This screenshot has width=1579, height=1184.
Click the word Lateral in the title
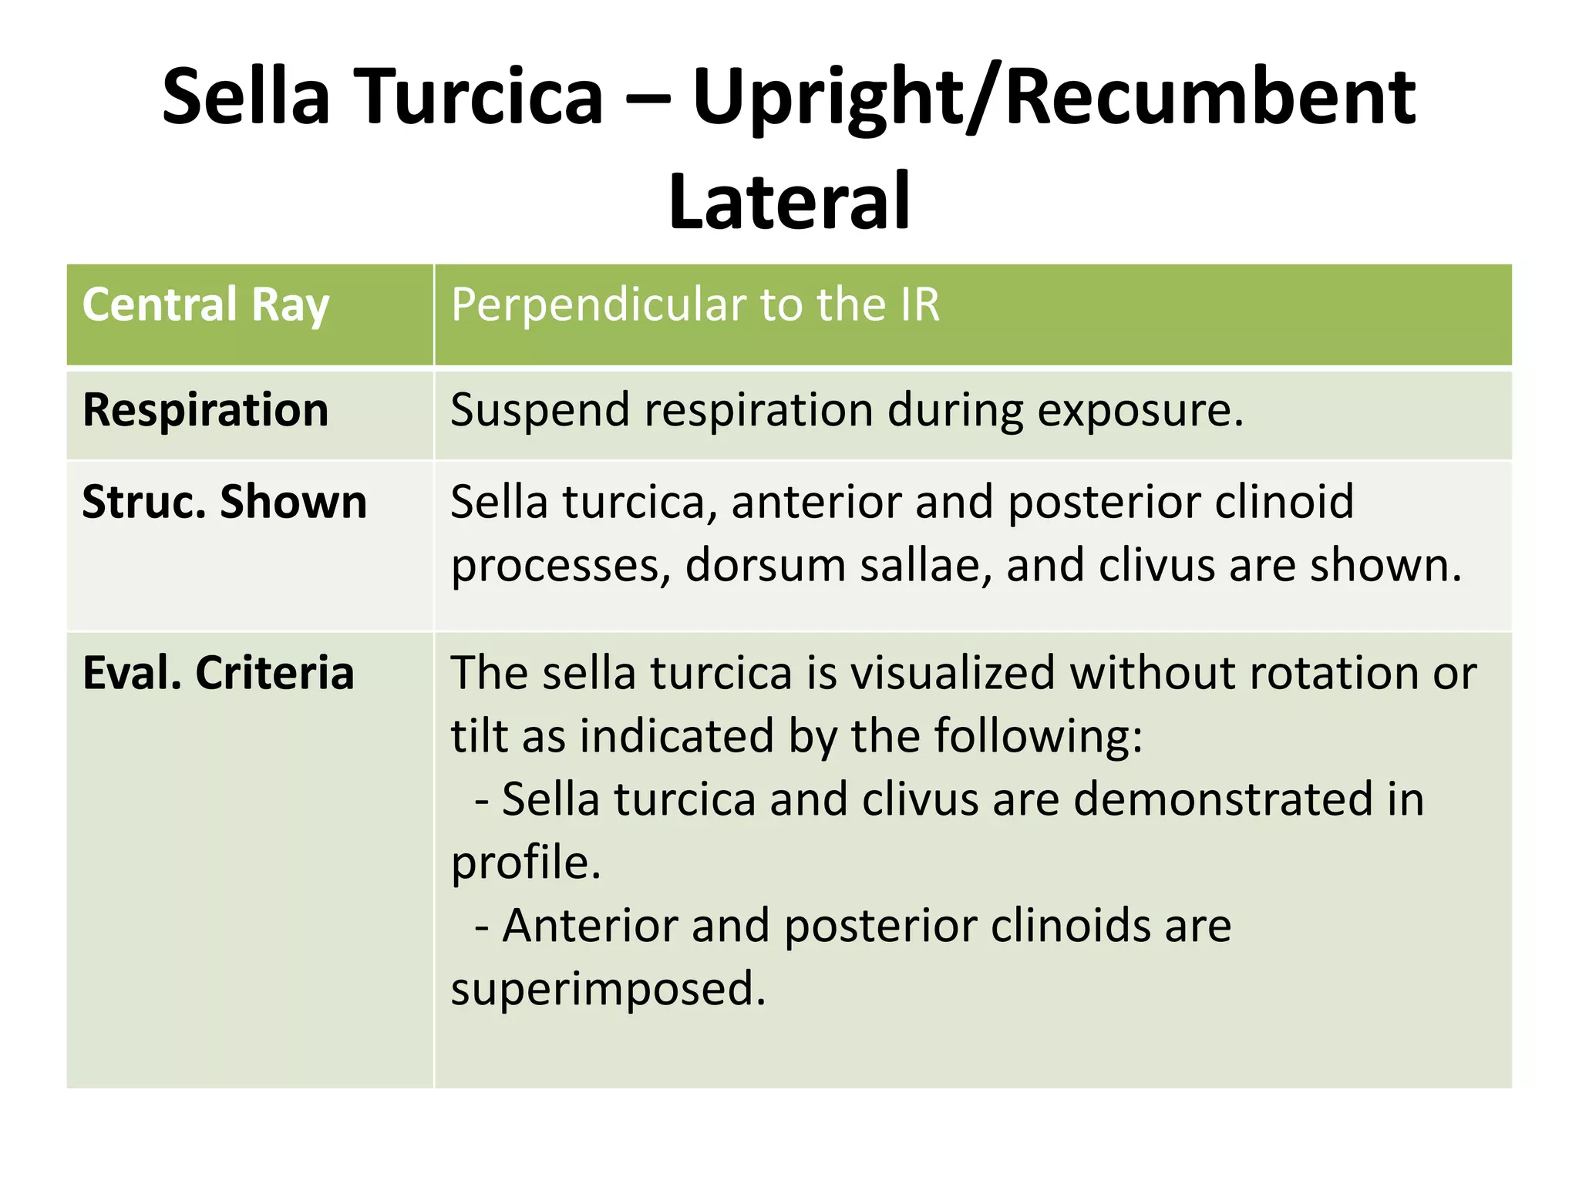(789, 202)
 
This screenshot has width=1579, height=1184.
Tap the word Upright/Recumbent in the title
(1053, 98)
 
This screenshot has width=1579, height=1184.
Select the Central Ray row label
(206, 304)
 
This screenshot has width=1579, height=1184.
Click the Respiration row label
(206, 409)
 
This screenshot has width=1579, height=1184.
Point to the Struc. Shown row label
(224, 502)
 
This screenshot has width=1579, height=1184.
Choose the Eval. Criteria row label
(218, 673)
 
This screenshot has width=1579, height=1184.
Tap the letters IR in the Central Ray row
(919, 304)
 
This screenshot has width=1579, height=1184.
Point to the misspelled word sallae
(925, 565)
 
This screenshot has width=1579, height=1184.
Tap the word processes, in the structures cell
(561, 567)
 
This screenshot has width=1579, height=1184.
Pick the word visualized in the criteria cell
(951, 673)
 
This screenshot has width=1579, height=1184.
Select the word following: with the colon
(1038, 736)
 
